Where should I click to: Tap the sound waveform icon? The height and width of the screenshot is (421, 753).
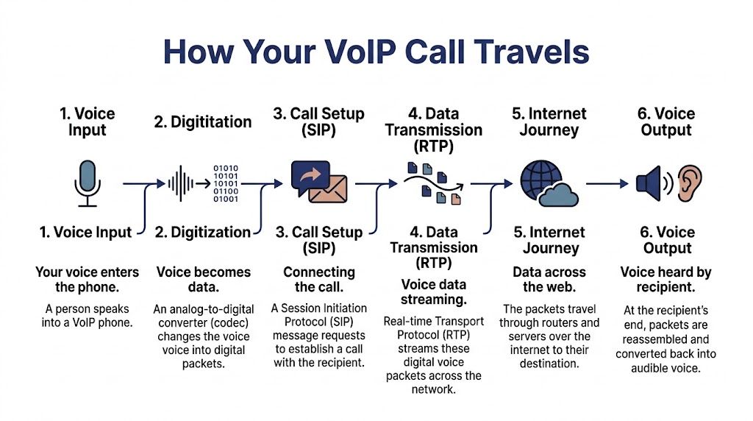183,183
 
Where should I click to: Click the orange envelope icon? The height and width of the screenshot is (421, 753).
327,190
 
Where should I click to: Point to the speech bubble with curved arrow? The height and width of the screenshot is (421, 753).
310,177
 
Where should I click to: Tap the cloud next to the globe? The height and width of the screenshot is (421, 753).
558,194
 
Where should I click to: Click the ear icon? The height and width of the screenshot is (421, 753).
690,183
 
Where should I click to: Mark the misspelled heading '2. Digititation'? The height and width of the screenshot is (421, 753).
203,122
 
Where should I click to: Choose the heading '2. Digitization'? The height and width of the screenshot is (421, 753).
203,233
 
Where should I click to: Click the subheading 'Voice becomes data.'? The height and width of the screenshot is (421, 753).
203,280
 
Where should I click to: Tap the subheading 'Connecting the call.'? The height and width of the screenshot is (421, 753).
318,280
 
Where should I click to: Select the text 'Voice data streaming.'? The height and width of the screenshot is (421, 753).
433,292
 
